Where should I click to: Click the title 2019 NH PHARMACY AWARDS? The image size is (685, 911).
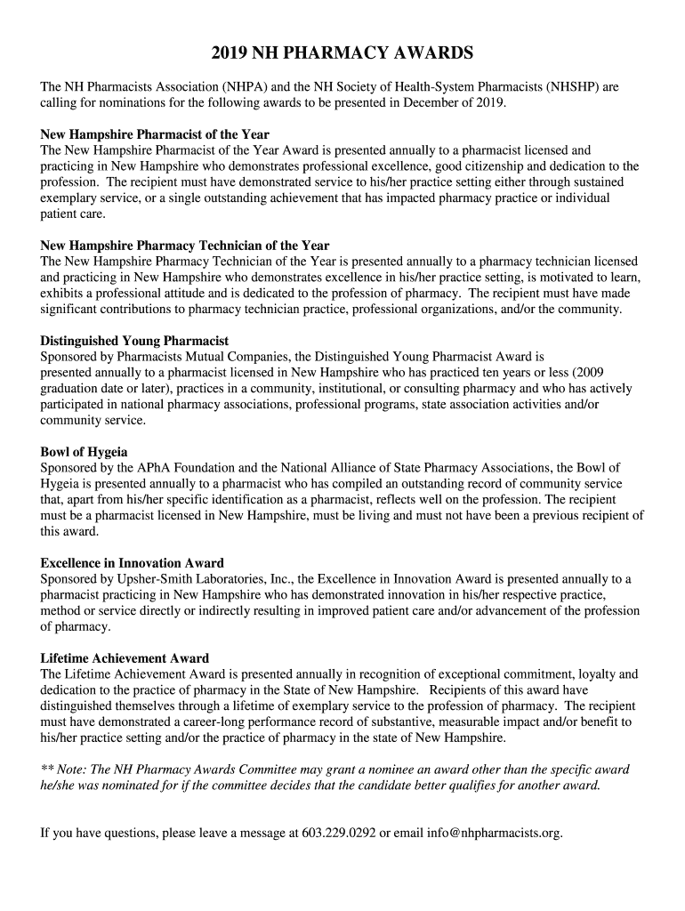coord(342,54)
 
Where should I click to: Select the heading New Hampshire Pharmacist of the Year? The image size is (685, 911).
coord(155,135)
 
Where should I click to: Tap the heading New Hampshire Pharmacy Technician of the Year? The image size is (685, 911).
coord(185,246)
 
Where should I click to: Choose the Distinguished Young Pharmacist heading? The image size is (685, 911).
coord(134,341)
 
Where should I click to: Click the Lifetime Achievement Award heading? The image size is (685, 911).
coord(125,658)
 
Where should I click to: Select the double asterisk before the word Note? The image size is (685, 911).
coord(47,770)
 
